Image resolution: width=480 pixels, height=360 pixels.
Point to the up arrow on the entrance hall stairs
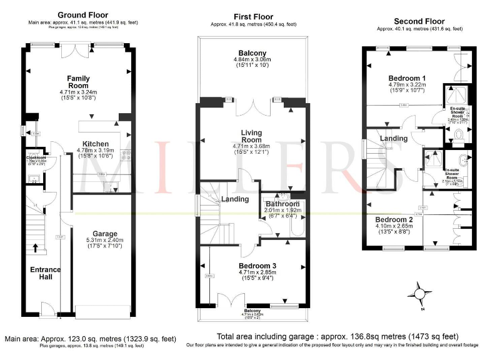36,248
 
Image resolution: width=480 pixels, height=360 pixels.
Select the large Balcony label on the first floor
252,53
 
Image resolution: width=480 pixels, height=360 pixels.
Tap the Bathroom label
284,204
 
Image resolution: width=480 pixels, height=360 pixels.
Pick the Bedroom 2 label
394,220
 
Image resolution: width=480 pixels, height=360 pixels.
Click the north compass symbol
419,292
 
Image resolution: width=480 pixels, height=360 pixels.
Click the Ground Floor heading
82,15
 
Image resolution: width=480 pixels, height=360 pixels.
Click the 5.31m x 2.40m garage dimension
101,237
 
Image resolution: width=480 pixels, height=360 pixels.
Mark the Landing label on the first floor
235,199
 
